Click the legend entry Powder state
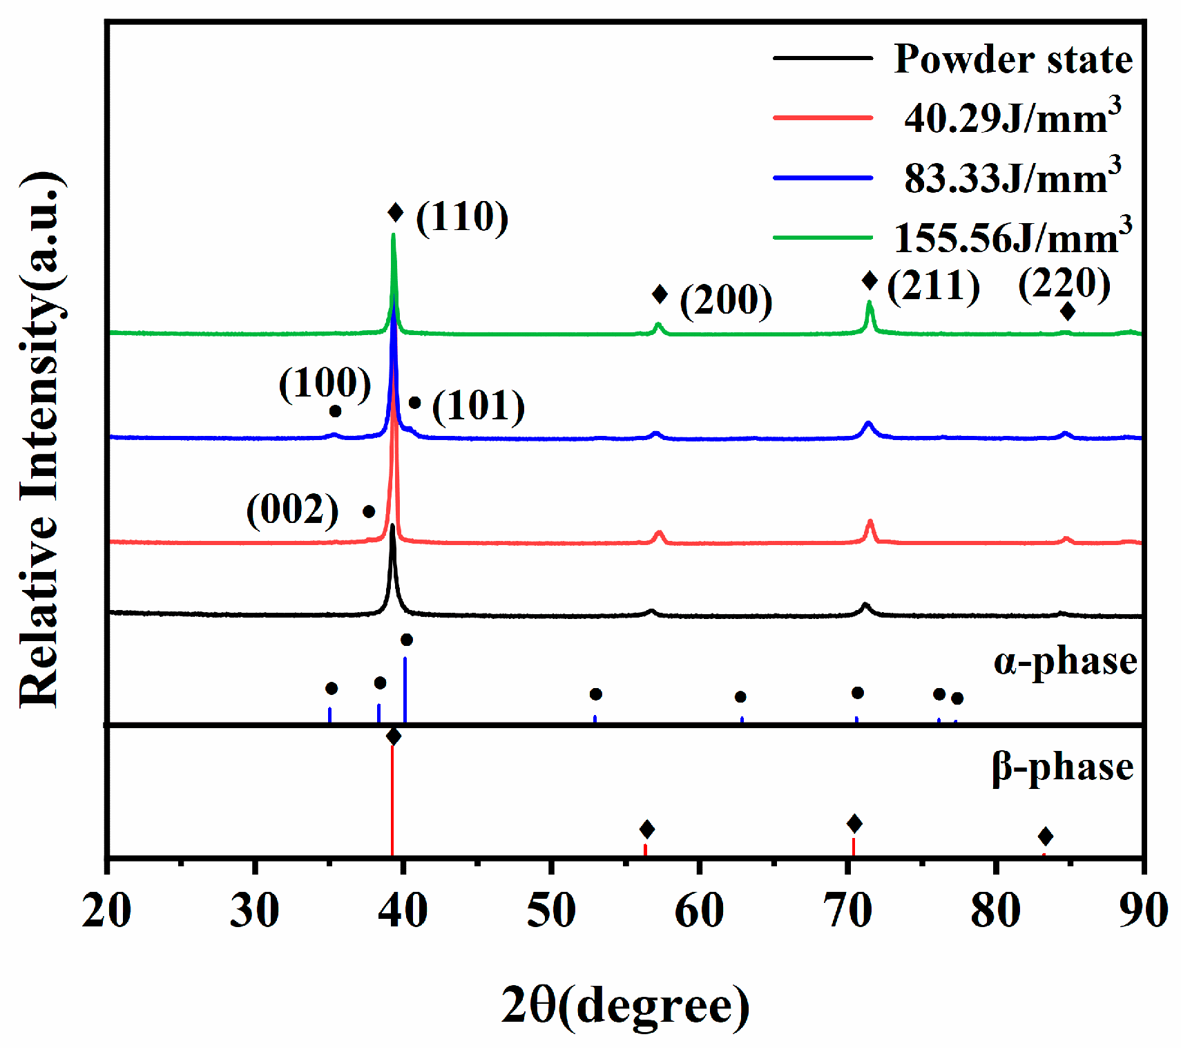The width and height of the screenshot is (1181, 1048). [x=1012, y=59]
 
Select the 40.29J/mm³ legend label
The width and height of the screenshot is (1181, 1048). [x=1012, y=118]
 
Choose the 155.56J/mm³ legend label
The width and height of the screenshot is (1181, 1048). [x=1012, y=238]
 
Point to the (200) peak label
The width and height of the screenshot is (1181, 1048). [x=726, y=300]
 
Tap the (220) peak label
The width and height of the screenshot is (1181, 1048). [x=1064, y=283]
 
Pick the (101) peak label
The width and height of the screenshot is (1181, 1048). [x=478, y=406]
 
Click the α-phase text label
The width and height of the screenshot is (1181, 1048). [x=1065, y=661]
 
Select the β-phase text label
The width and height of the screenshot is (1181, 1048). [x=1062, y=767]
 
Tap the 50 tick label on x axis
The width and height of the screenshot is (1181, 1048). [x=550, y=911]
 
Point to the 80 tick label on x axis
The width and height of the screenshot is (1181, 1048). [x=995, y=911]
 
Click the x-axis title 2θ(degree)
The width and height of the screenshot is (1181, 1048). [x=624, y=1005]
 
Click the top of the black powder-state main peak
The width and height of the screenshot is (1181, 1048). [x=392, y=526]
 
